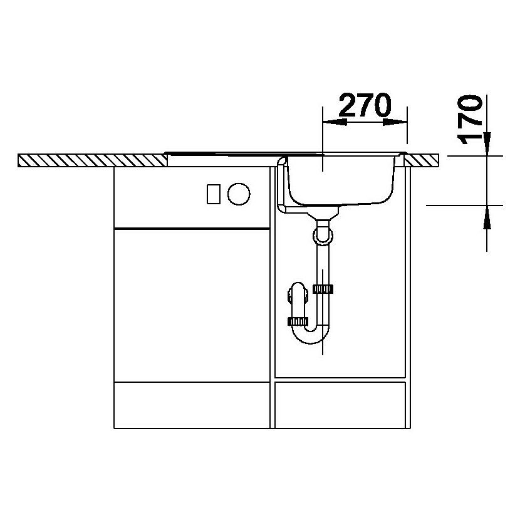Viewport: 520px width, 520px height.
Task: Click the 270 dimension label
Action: (365, 105)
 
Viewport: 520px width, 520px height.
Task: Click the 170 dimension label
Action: (469, 120)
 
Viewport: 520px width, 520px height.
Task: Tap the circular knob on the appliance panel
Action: (239, 194)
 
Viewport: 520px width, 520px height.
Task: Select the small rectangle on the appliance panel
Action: (214, 194)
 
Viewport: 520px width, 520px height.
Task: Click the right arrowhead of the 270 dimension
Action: (395, 122)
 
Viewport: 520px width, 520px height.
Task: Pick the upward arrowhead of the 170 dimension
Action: (487, 217)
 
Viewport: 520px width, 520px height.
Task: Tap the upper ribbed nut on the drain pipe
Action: (323, 289)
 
